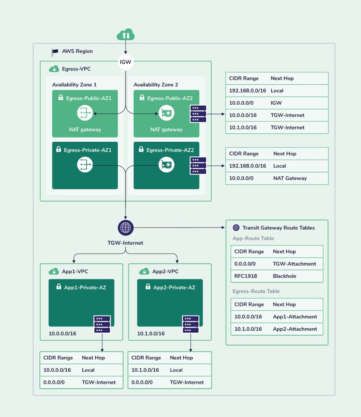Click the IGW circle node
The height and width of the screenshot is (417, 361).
pyautogui.click(x=125, y=62)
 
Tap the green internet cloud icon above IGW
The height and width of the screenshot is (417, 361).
pyautogui.click(x=126, y=35)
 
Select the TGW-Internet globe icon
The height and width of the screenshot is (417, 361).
pyautogui.click(x=126, y=228)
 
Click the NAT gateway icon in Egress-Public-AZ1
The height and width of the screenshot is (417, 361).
pyautogui.click(x=85, y=113)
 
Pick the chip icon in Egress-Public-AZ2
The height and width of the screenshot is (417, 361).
pyautogui.click(x=166, y=113)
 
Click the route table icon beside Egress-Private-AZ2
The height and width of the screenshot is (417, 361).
pyautogui.click(x=198, y=165)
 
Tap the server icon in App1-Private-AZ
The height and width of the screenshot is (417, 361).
pyautogui.click(x=102, y=324)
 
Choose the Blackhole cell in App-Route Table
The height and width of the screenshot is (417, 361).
pyautogui.click(x=284, y=276)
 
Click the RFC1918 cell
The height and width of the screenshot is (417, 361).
pyautogui.click(x=246, y=276)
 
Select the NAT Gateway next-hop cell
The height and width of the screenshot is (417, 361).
pyautogui.click(x=290, y=178)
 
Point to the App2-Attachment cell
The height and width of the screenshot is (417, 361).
pyautogui.click(x=295, y=329)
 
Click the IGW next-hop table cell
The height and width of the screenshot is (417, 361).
pyautogui.click(x=276, y=103)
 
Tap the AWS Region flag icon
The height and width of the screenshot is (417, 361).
pyautogui.click(x=55, y=52)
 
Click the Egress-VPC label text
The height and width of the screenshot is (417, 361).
pyautogui.click(x=76, y=69)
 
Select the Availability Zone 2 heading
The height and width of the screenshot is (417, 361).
pyautogui.click(x=156, y=85)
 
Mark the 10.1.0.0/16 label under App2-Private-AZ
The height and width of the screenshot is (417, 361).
pyautogui.click(x=151, y=334)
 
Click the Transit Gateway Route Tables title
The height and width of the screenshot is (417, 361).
pyautogui.click(x=278, y=228)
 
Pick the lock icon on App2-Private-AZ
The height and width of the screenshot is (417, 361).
pyautogui.click(x=148, y=286)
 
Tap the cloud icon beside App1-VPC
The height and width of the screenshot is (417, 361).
pyautogui.click(x=54, y=271)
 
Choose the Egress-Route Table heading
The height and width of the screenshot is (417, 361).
pyautogui.click(x=256, y=291)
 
